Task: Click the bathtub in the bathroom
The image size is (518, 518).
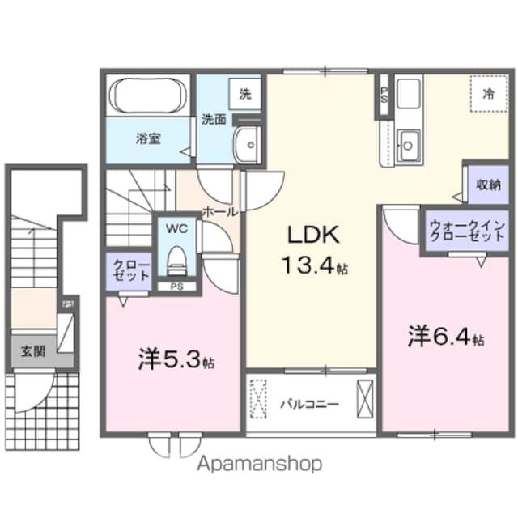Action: (148, 96)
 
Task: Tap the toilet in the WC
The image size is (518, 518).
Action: (176, 261)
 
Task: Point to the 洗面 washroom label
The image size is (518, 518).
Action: (214, 120)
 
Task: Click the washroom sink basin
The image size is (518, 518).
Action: (244, 146)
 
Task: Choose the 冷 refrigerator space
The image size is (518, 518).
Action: (488, 94)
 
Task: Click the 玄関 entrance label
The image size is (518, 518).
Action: (33, 351)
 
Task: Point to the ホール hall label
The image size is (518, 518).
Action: (219, 211)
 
